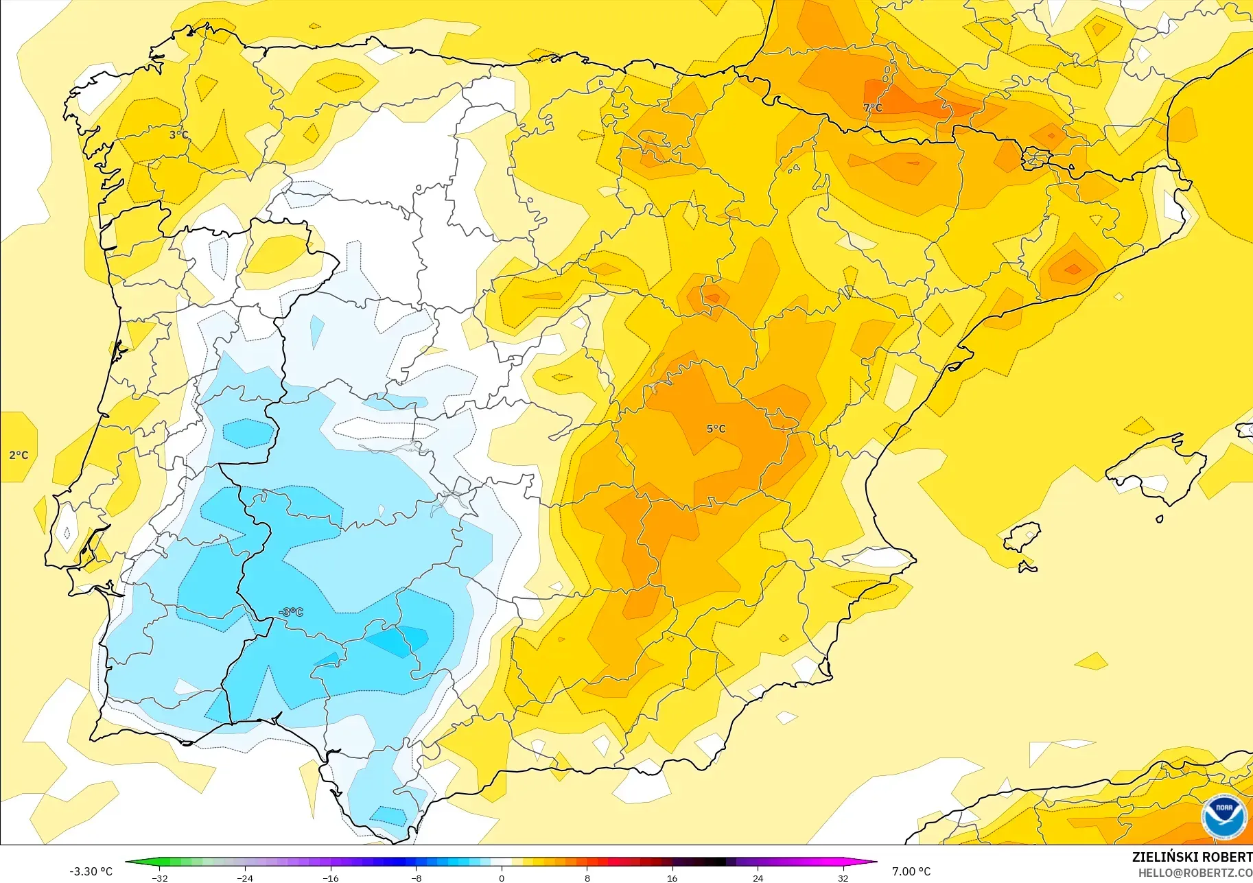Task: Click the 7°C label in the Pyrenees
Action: click(x=873, y=108)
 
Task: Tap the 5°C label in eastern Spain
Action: click(x=716, y=429)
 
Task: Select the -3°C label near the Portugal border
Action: click(x=291, y=612)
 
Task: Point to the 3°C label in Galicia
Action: click(x=178, y=134)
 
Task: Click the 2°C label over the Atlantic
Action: click(x=19, y=455)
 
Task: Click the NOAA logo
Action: click(x=1224, y=816)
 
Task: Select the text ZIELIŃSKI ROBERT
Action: click(x=1192, y=857)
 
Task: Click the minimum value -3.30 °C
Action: click(x=91, y=871)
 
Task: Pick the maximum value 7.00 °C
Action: click(x=911, y=871)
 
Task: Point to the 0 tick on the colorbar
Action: click(x=502, y=878)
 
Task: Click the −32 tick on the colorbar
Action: click(x=160, y=878)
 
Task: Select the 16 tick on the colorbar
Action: click(x=672, y=878)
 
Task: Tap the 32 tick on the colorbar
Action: click(x=843, y=878)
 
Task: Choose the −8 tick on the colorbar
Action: click(x=417, y=878)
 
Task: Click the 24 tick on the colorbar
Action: click(x=758, y=878)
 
